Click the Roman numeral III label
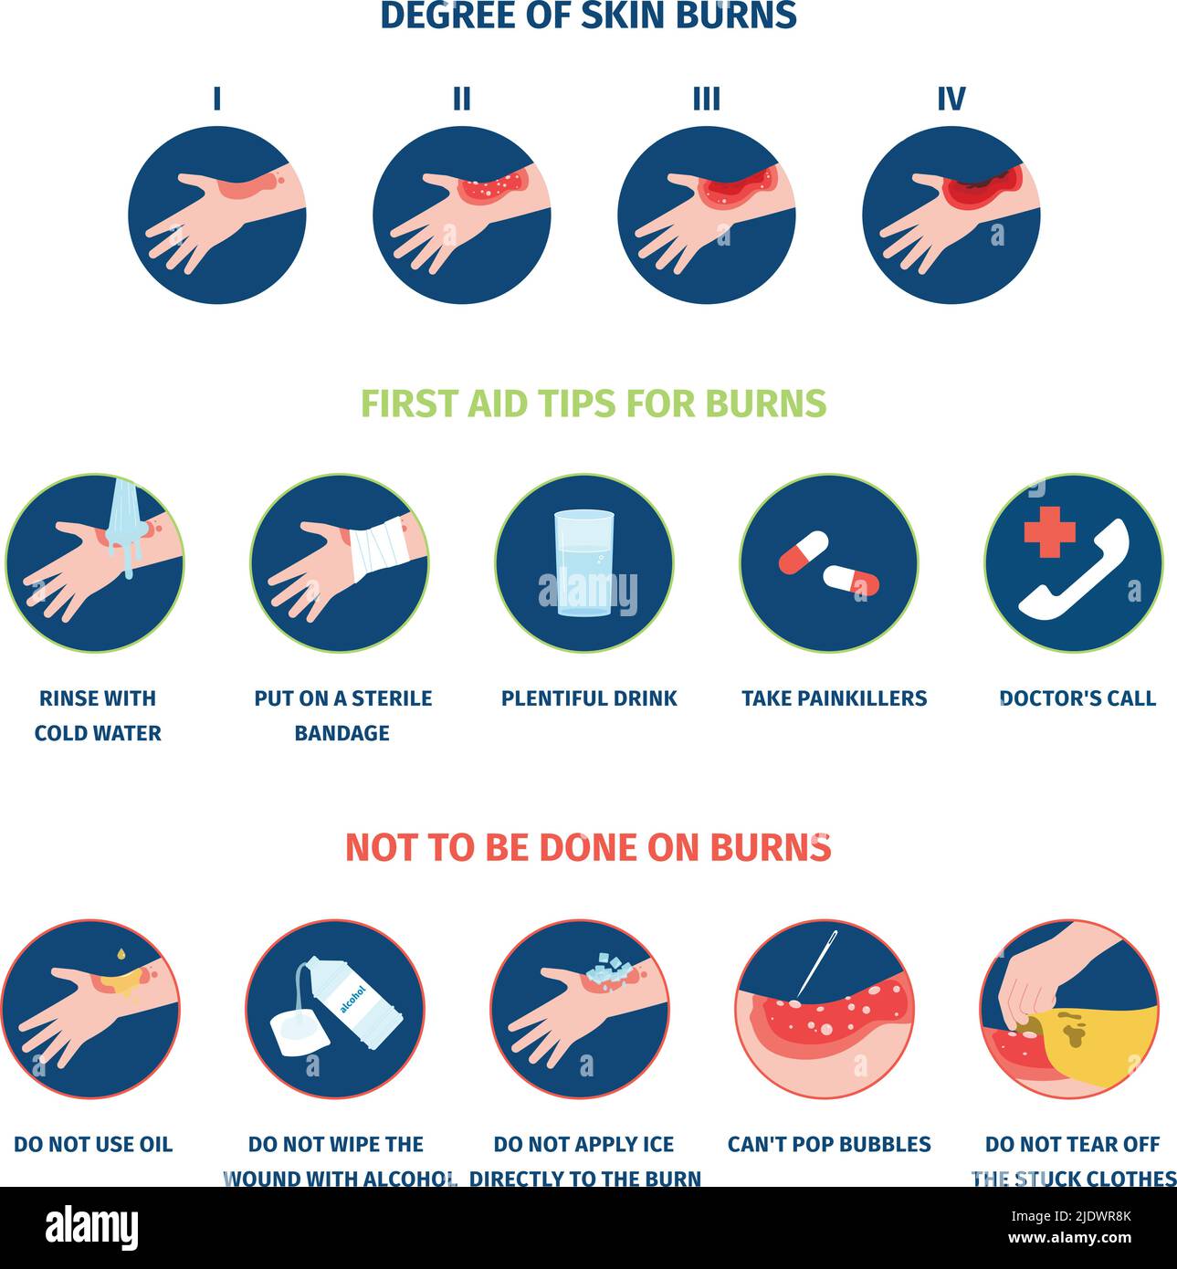[x=706, y=99]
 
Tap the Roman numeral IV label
[x=951, y=99]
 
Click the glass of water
[x=584, y=563]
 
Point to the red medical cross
[x=1049, y=531]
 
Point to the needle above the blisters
[x=818, y=964]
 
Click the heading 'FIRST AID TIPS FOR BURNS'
[x=594, y=404]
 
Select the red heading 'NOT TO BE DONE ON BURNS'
[x=588, y=847]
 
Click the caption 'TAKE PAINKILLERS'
[x=834, y=698]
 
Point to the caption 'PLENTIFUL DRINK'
[x=589, y=698]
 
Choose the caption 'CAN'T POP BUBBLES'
[x=829, y=1144]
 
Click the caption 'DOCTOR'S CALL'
[x=1077, y=698]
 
